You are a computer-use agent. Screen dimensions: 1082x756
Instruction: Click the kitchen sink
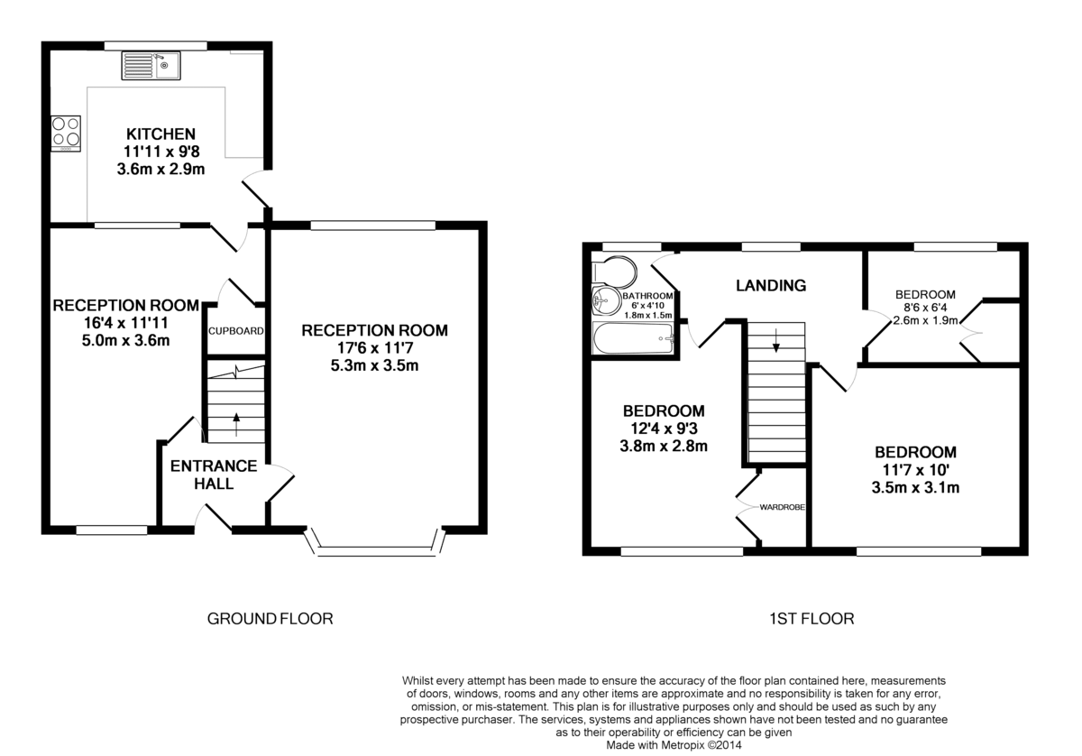[151, 66]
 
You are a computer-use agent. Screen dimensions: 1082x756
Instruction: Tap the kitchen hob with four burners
[66, 134]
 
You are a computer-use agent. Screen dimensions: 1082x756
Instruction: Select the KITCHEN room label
[160, 134]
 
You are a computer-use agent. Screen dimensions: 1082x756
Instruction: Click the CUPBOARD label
[235, 331]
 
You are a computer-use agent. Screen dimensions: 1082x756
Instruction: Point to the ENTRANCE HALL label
[214, 475]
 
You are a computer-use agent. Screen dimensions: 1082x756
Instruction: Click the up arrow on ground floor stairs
[236, 424]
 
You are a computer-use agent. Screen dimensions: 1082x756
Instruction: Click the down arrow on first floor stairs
[775, 340]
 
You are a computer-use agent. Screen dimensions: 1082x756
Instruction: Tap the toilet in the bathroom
[614, 271]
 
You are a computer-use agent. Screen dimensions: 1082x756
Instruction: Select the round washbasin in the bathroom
[607, 301]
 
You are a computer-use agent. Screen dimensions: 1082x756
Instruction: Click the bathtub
[634, 338]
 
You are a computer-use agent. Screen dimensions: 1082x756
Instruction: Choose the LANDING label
[771, 286]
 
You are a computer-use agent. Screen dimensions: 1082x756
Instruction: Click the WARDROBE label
[782, 508]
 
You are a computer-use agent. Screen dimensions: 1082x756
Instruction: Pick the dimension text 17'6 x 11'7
[374, 348]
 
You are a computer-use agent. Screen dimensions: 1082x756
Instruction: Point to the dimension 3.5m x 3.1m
[915, 488]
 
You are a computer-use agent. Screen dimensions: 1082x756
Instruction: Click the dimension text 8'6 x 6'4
[925, 308]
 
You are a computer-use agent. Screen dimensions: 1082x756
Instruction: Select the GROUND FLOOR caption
[270, 619]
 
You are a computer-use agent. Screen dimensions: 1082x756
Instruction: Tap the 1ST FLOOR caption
[811, 619]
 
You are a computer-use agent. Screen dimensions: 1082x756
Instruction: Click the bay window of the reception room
[375, 543]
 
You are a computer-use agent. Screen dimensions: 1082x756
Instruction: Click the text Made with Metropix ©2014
[674, 745]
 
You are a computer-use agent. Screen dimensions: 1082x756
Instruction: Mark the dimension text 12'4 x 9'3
[664, 429]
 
